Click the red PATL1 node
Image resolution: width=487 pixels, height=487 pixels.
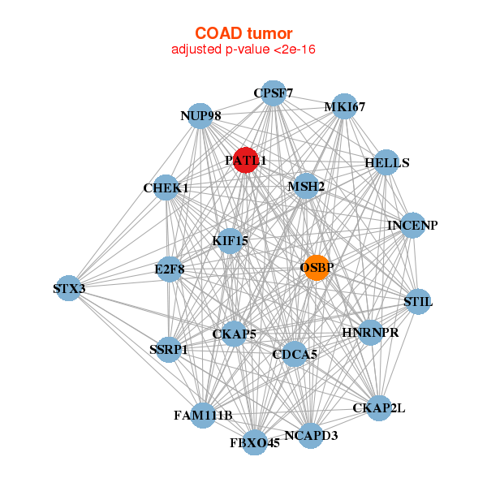(246, 160)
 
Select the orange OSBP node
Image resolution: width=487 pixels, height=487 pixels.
(317, 268)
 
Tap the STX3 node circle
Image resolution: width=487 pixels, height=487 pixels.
(69, 288)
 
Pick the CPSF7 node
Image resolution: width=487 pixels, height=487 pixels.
(273, 93)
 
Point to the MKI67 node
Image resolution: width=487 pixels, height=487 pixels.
(344, 106)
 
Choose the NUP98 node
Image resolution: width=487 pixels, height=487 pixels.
(200, 116)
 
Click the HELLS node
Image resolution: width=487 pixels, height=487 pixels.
(386, 162)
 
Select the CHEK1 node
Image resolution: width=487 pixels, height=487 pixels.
(166, 187)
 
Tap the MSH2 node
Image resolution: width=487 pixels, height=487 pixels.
(306, 186)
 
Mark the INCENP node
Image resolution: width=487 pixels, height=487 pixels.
(413, 225)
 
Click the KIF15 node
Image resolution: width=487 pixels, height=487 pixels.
(231, 241)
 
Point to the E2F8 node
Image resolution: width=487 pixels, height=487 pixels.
(170, 269)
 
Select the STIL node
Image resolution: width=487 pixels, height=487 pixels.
(418, 302)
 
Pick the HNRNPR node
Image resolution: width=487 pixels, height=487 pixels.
(370, 332)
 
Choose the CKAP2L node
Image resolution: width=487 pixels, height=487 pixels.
(379, 408)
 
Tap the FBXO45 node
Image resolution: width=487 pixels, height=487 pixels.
(255, 442)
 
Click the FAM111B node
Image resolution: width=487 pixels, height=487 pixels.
(203, 416)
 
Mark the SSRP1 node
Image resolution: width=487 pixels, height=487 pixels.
(168, 349)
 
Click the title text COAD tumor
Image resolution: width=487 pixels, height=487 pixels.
(243, 33)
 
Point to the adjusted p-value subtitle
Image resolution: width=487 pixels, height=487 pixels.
(243, 50)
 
